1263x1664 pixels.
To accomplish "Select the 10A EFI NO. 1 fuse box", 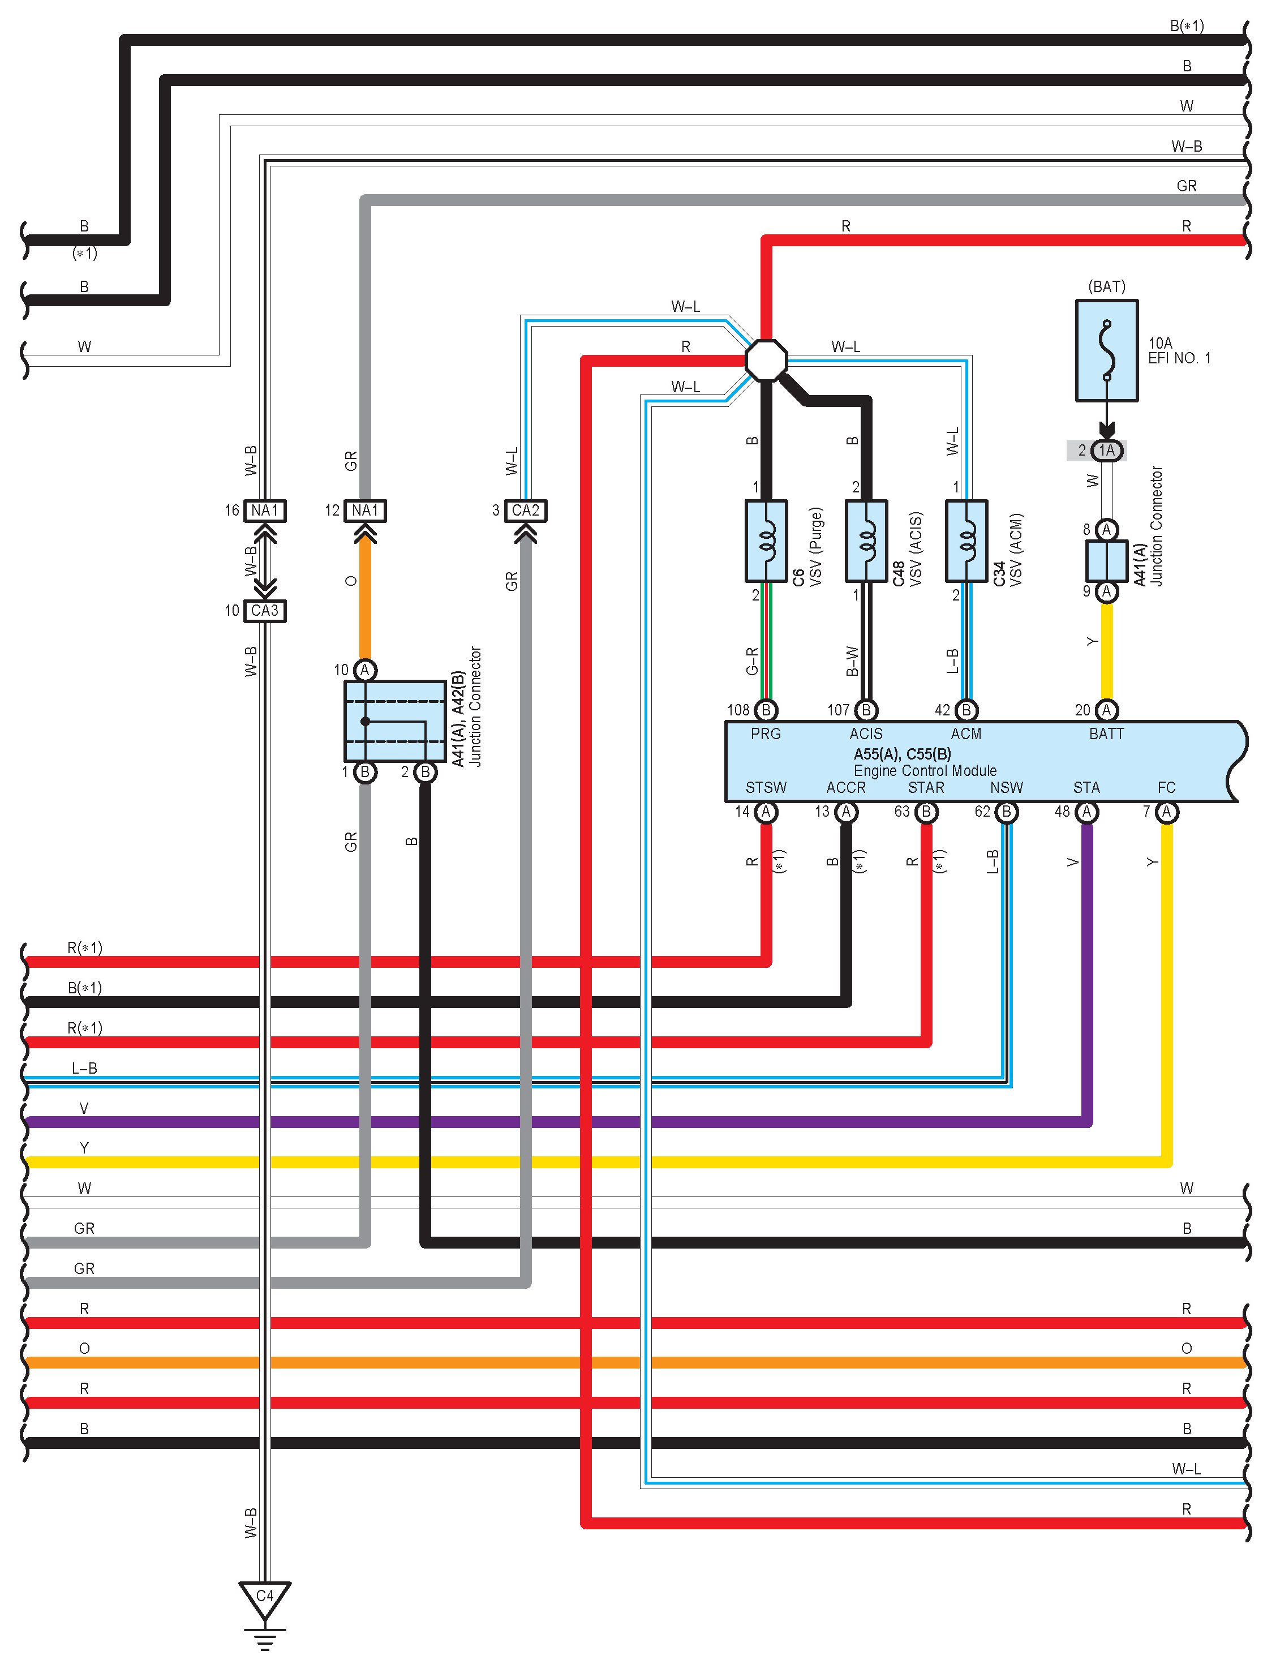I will point(1106,350).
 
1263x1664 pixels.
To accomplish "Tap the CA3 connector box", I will point(265,611).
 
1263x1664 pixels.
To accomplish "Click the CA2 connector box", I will point(525,511).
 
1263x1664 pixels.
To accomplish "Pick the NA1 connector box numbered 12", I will point(365,511).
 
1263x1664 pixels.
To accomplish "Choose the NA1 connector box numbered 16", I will point(265,511).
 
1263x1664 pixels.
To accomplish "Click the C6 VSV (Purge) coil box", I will point(766,541).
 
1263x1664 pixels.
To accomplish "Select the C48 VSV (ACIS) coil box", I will point(866,541).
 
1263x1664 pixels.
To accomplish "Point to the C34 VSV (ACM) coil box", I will point(966,541).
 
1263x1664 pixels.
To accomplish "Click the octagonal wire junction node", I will point(766,361).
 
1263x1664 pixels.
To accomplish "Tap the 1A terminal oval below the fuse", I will point(1106,451).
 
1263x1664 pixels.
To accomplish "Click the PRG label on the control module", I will point(766,734).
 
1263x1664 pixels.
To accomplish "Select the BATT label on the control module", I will point(1106,734).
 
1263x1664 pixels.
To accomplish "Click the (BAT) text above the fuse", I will point(1106,286).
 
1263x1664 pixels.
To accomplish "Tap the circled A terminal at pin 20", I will point(1106,710).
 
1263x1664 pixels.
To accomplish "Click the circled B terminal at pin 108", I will point(766,710).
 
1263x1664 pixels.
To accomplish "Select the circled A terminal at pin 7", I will point(1166,812).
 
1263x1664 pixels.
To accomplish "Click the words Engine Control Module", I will point(925,770).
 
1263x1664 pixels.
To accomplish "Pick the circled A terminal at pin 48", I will point(1086,812).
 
